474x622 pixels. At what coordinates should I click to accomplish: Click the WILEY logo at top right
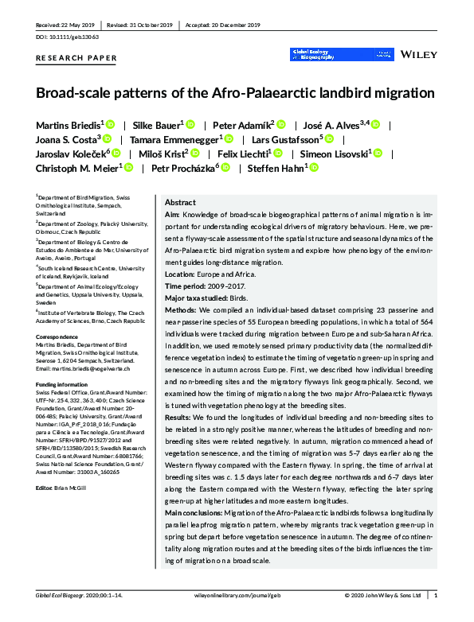click(x=418, y=55)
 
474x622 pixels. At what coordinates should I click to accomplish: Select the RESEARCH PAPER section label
click(x=76, y=58)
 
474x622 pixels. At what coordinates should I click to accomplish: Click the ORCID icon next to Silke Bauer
click(x=190, y=125)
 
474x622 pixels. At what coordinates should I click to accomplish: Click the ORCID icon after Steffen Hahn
click(x=314, y=168)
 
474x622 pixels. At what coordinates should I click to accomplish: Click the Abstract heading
click(x=182, y=202)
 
